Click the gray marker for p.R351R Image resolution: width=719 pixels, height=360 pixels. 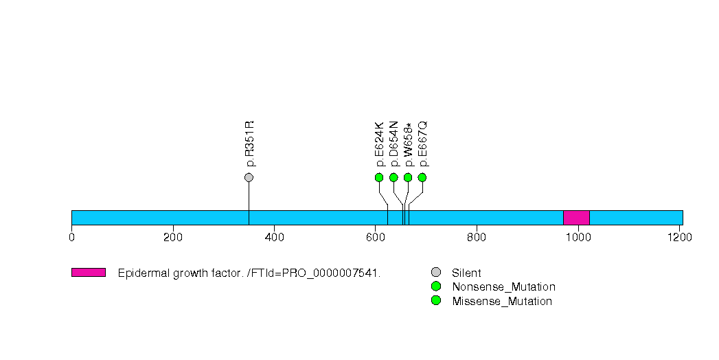[x=249, y=177]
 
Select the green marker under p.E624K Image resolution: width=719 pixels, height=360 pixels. [x=379, y=177]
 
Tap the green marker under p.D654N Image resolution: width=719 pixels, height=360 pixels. [x=393, y=177]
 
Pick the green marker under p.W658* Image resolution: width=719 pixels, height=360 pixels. [x=408, y=177]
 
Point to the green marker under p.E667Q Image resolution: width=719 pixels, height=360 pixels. [x=422, y=177]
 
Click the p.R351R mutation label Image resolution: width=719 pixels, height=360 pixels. [x=249, y=144]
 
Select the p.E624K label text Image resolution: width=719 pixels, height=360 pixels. [x=379, y=144]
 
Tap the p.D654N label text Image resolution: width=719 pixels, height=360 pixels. [x=394, y=144]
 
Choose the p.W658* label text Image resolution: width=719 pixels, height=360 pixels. [x=408, y=144]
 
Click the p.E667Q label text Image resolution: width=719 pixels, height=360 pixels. [x=423, y=144]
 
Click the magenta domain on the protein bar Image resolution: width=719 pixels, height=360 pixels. [x=576, y=218]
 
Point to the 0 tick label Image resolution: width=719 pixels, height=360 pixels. [x=71, y=237]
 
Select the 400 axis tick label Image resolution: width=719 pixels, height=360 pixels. [x=274, y=237]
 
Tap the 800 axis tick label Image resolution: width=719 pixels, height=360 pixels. [x=477, y=237]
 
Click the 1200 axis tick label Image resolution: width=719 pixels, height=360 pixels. [x=680, y=237]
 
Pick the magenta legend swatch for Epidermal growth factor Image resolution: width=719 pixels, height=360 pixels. [x=89, y=273]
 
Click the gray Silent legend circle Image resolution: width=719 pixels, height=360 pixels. [x=436, y=273]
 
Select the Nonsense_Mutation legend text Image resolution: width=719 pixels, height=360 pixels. [x=503, y=287]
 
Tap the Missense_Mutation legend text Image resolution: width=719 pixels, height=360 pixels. [x=502, y=302]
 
